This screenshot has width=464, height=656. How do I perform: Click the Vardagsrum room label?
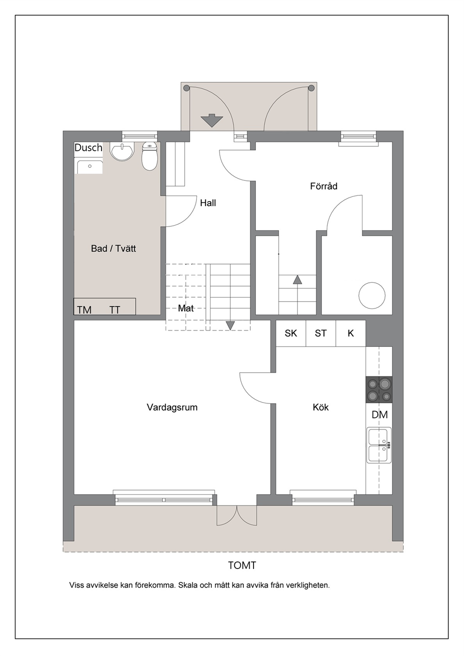(172, 407)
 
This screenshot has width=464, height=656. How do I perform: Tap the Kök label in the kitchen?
(320, 407)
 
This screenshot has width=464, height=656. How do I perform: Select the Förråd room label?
(324, 186)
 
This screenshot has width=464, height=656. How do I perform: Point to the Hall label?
(208, 202)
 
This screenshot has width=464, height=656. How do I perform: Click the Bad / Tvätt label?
(113, 248)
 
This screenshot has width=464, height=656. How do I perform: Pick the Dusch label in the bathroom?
(88, 147)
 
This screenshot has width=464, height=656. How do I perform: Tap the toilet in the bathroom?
(149, 156)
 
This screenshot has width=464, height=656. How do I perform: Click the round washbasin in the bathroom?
(122, 151)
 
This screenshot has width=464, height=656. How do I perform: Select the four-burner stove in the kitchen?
(379, 389)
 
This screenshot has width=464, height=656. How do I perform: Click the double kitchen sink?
(379, 445)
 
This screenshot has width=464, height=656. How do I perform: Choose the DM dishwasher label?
(380, 415)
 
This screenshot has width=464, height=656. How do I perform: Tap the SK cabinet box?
(291, 333)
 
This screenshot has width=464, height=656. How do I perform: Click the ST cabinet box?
(321, 333)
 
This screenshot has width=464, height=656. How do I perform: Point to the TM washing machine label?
(84, 310)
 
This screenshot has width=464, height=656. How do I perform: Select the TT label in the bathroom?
(115, 310)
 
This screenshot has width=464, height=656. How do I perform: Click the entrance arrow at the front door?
(212, 120)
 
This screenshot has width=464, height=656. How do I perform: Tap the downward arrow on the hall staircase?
(230, 325)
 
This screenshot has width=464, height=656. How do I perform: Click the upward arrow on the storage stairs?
(297, 280)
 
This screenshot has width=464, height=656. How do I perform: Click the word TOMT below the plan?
(242, 565)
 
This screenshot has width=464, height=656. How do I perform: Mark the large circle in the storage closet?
(372, 295)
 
